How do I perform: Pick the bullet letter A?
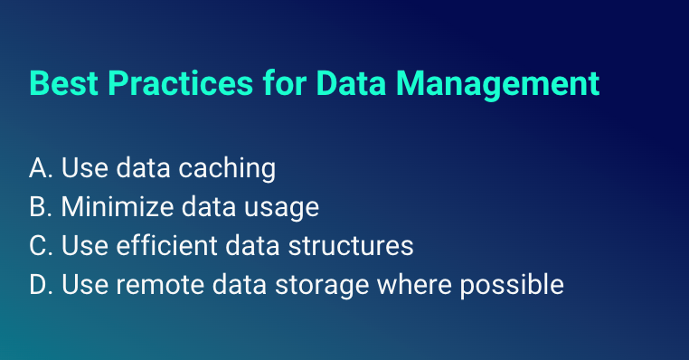38,168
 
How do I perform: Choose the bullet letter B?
38,207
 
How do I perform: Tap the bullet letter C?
38,246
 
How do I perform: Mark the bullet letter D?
39,285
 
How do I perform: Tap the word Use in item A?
80,168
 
